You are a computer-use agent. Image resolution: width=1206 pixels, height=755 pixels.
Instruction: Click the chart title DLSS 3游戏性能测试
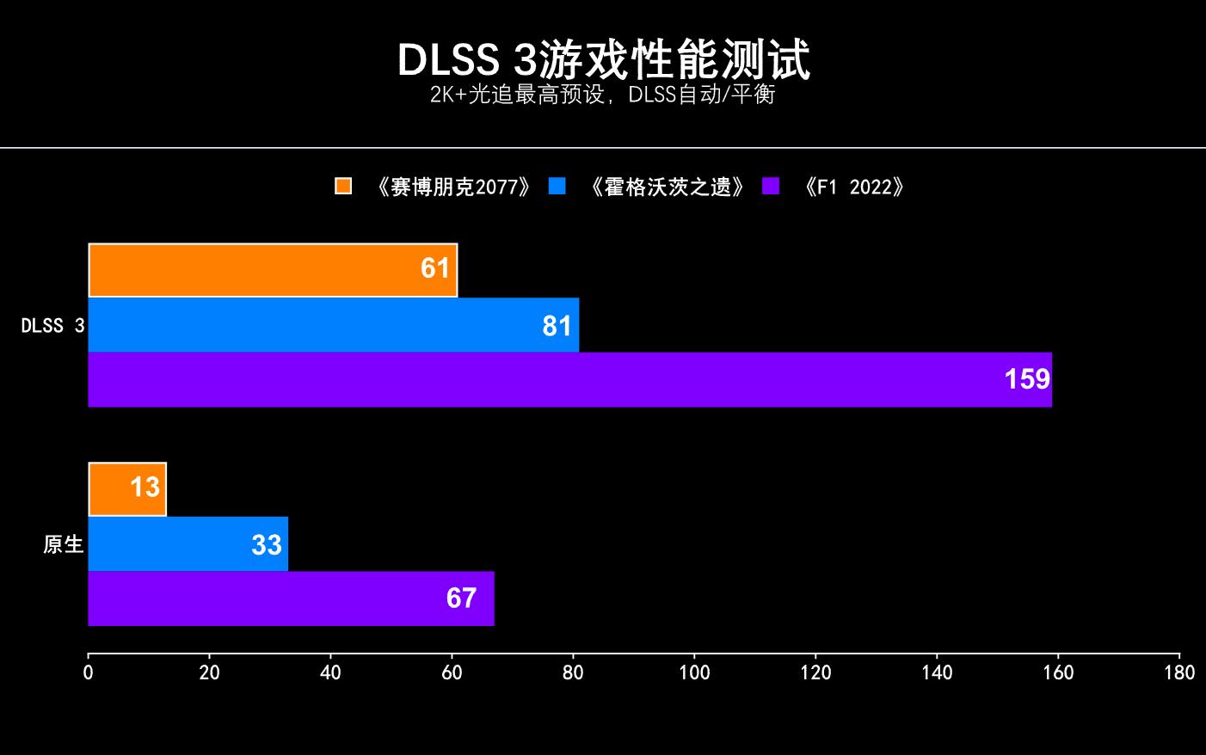603,59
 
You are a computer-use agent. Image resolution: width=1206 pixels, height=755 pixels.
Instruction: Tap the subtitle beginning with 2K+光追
603,94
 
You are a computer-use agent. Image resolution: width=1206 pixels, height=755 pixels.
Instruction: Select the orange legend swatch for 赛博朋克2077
343,187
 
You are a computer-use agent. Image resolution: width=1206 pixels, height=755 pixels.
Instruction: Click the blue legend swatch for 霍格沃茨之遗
557,187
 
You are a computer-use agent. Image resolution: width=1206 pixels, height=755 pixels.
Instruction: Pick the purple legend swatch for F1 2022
771,187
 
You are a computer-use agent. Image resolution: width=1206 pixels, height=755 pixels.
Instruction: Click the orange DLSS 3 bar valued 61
273,270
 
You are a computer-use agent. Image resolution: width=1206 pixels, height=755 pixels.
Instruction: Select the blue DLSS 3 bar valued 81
334,325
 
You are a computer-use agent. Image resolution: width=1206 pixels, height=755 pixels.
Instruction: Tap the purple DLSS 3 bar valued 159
569,379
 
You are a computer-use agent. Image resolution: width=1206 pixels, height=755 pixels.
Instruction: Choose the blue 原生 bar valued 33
188,543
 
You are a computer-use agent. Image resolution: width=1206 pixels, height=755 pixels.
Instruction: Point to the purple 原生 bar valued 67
291,598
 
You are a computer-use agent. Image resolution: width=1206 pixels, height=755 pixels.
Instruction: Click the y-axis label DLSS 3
53,326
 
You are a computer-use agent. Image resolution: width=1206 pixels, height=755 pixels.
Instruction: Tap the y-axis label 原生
64,544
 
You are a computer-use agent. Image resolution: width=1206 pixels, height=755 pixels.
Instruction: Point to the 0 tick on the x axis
88,673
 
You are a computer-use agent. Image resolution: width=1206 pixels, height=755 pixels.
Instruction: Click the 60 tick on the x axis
452,673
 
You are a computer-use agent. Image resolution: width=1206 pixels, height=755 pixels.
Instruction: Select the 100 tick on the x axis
694,673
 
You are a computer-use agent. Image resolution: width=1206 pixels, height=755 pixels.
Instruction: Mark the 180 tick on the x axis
1179,673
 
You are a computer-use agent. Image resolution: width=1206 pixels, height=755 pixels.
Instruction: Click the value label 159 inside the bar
1027,379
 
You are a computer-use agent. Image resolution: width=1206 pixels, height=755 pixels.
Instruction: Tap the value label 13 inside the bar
145,488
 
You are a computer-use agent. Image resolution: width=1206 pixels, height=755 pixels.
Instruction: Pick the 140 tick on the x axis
937,673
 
